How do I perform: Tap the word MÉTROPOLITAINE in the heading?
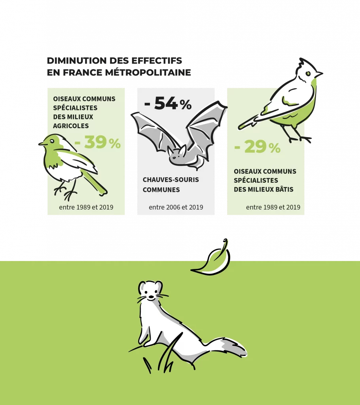[x=148, y=72]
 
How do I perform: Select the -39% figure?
[x=97, y=142]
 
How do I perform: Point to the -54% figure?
[x=168, y=103]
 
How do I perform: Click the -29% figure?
[x=257, y=147]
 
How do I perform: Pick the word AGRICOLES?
[x=71, y=126]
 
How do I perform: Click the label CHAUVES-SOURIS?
[x=171, y=180]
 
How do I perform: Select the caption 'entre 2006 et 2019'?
[x=176, y=207]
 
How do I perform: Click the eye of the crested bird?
[x=308, y=74]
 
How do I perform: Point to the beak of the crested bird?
[x=319, y=74]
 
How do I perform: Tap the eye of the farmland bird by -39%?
[x=52, y=141]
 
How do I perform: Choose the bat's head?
[x=177, y=155]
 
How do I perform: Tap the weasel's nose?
[x=151, y=297]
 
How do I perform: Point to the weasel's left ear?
[x=142, y=286]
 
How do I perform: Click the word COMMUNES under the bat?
[x=161, y=190]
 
